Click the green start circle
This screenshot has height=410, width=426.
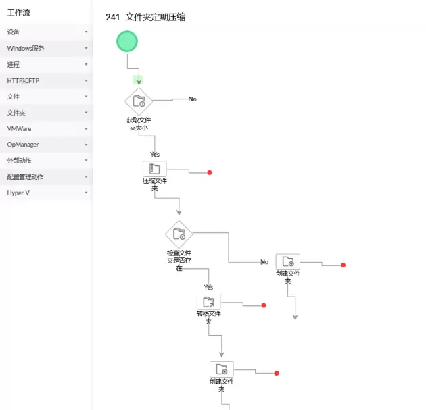(x=127, y=42)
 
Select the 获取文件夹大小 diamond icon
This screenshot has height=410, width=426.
(x=139, y=101)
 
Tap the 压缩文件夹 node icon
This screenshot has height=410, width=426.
(x=154, y=169)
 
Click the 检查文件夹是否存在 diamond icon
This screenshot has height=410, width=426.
(x=179, y=234)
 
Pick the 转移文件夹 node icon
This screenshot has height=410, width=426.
(x=208, y=301)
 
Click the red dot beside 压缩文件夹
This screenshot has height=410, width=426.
(x=210, y=173)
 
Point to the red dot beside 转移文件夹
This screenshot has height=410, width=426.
(x=264, y=305)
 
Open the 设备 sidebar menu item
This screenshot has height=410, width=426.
(x=14, y=32)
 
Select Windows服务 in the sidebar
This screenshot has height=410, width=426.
(x=26, y=49)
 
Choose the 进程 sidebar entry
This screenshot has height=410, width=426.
(x=14, y=65)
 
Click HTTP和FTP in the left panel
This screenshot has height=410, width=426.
(x=23, y=81)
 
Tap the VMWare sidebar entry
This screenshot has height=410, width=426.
(x=19, y=128)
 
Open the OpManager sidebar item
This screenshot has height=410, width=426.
(x=23, y=145)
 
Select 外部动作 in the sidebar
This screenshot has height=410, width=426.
(x=19, y=161)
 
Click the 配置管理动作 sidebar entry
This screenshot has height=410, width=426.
(x=25, y=177)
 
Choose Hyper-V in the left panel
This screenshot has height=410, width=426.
(x=18, y=193)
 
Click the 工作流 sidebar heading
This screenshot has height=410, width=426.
(x=19, y=13)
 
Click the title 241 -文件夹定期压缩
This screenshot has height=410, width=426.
(x=145, y=17)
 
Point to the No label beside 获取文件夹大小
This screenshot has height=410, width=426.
(x=193, y=99)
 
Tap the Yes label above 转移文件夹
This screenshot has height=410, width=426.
(x=208, y=287)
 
